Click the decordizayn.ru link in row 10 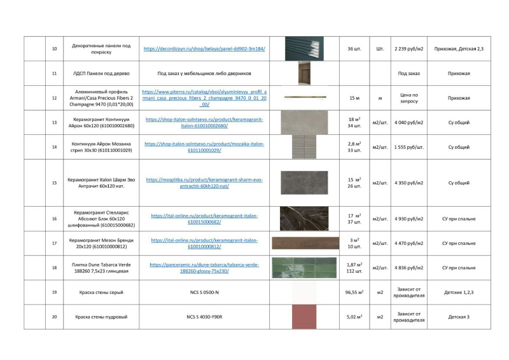click(x=204, y=49)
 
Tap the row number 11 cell click(x=54, y=74)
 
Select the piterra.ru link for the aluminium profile click(x=204, y=98)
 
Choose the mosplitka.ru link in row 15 click(x=204, y=183)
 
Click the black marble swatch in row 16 click(x=303, y=219)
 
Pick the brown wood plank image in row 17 click(x=305, y=243)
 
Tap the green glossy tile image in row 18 click(x=303, y=268)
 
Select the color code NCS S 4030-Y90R click(x=204, y=317)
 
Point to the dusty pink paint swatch click(x=303, y=317)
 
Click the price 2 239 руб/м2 click(x=408, y=49)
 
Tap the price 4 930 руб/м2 click(x=408, y=219)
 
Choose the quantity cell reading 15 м click(x=354, y=98)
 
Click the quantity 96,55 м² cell click(x=354, y=293)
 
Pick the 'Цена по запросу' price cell click(x=408, y=98)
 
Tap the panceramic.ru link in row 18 click(x=204, y=268)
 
